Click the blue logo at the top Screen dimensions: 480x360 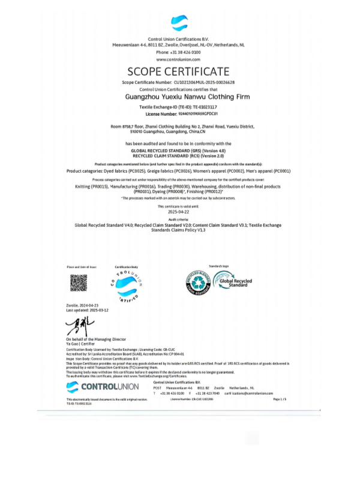(x=179, y=23)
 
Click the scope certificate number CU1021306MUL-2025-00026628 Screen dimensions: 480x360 (x=203, y=82)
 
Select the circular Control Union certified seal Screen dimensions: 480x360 (x=127, y=284)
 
